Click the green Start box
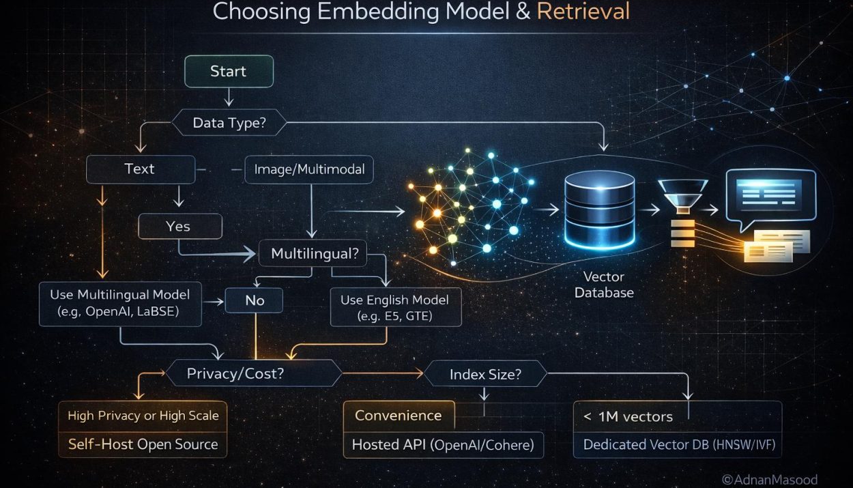point(229,71)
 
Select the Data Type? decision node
point(229,123)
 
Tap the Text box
point(141,169)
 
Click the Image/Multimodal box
point(309,169)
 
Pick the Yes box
point(179,227)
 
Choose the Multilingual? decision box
point(313,253)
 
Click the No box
point(254,300)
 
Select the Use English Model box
point(396,307)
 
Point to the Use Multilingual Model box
point(120,304)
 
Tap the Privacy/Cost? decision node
point(254,373)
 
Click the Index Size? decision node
point(485,374)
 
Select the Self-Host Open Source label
point(143,444)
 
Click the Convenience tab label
point(399,415)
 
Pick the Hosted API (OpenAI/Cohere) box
point(444,444)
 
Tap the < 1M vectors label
point(628,417)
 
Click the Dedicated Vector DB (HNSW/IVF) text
point(680,444)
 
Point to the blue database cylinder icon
point(599,210)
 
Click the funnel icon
point(683,196)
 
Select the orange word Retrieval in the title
point(583,12)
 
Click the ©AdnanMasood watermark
point(770,480)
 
